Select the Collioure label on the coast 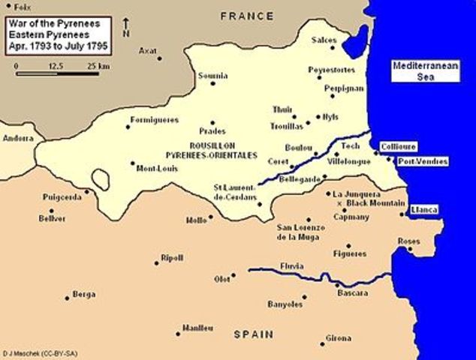[398, 146]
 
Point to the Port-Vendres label [423, 161]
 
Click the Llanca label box [424, 210]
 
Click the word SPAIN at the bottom [252, 334]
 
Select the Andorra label [18, 139]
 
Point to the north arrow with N [125, 30]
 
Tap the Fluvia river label [291, 265]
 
